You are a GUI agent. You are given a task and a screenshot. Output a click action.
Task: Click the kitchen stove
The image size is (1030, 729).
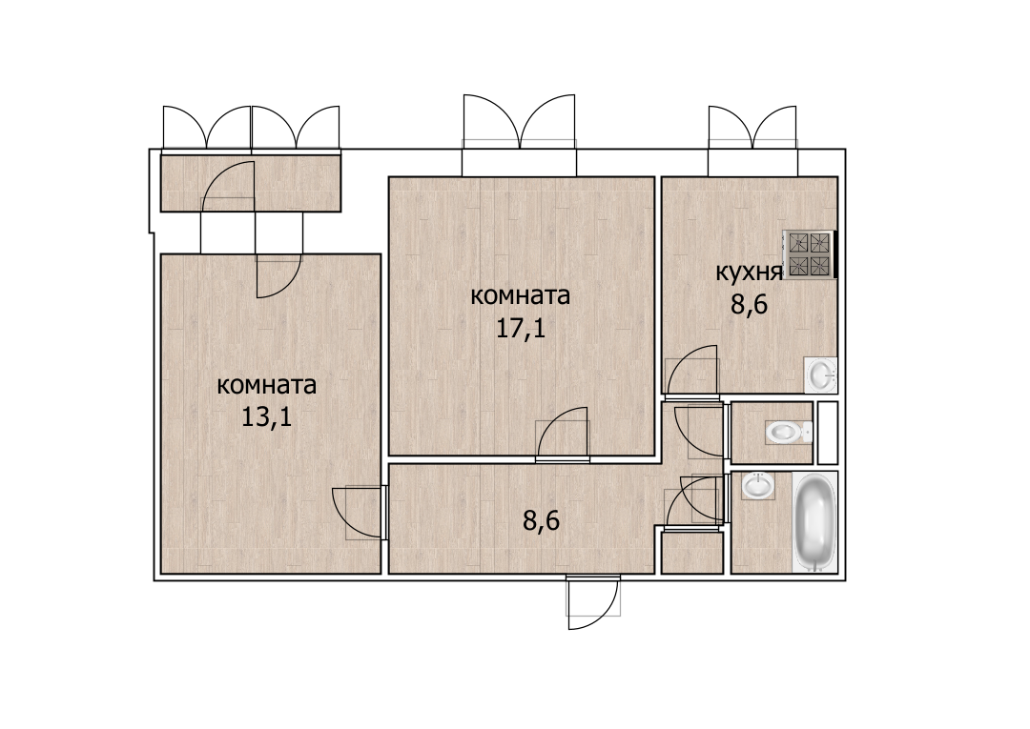pos(810,254)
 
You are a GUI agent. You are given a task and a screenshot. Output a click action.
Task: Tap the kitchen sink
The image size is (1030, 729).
pos(820,375)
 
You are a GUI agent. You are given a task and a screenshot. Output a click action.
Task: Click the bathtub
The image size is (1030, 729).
pos(815,522)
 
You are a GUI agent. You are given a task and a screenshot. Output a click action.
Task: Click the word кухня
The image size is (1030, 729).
pos(749,272)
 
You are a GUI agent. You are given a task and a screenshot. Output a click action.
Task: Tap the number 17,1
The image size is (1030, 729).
pos(521,328)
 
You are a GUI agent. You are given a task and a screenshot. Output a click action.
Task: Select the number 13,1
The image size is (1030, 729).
pos(267,417)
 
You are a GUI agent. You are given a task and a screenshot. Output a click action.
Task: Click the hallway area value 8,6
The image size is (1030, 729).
pos(541,521)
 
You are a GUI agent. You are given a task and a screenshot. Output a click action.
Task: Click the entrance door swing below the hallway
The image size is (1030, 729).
pos(593,602)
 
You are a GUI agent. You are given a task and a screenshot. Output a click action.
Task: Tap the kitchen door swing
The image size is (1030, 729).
pos(692,372)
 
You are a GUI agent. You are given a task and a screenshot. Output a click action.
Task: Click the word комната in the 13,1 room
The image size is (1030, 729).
pos(267,385)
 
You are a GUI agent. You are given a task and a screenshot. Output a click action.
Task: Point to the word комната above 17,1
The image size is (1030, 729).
pos(521,296)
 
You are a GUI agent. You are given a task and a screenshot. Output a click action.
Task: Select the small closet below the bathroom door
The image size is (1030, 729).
pos(692,553)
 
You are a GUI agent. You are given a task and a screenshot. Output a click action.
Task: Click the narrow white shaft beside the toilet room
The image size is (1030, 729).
pos(827,433)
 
